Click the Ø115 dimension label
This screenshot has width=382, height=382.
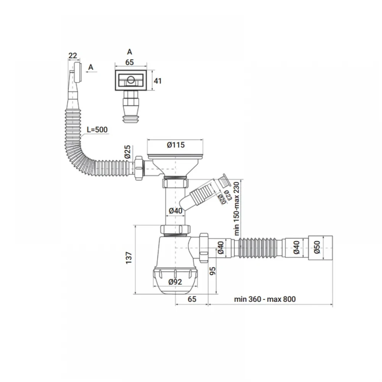176,145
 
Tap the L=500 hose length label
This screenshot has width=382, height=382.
97,129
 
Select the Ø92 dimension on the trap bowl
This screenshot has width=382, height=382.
175,282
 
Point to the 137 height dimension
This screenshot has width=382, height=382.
129,258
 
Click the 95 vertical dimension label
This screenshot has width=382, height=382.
213,271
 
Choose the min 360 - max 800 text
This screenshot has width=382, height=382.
265,299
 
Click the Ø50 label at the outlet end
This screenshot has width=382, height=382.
317,247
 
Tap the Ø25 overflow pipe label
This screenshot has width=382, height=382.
128,152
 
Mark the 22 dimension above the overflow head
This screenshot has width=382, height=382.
73,56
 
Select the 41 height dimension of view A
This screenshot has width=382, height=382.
158,81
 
